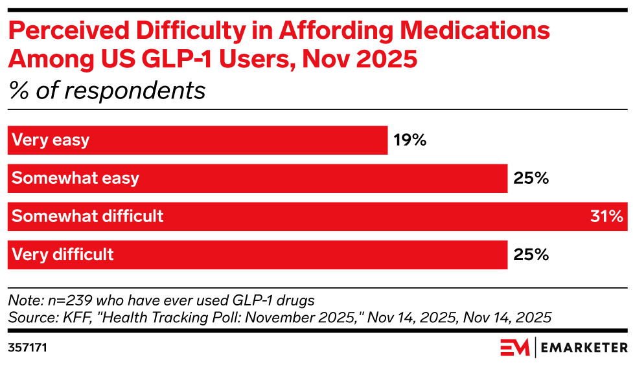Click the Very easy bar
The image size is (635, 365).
click(x=198, y=140)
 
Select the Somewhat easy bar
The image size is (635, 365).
click(x=257, y=179)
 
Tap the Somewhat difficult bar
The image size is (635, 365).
click(x=317, y=216)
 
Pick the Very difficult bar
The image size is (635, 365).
click(x=257, y=254)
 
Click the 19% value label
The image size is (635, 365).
click(x=410, y=140)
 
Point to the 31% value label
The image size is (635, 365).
click(x=606, y=216)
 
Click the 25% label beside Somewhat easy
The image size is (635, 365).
click(x=532, y=179)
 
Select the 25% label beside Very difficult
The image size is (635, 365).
click(x=532, y=254)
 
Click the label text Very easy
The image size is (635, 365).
click(x=51, y=140)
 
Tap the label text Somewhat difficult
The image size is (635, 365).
click(x=87, y=216)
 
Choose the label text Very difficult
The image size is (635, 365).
click(x=63, y=254)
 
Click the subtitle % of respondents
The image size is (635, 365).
click(x=107, y=91)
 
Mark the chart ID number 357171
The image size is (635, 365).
click(x=27, y=348)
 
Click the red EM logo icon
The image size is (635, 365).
click(x=514, y=348)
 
